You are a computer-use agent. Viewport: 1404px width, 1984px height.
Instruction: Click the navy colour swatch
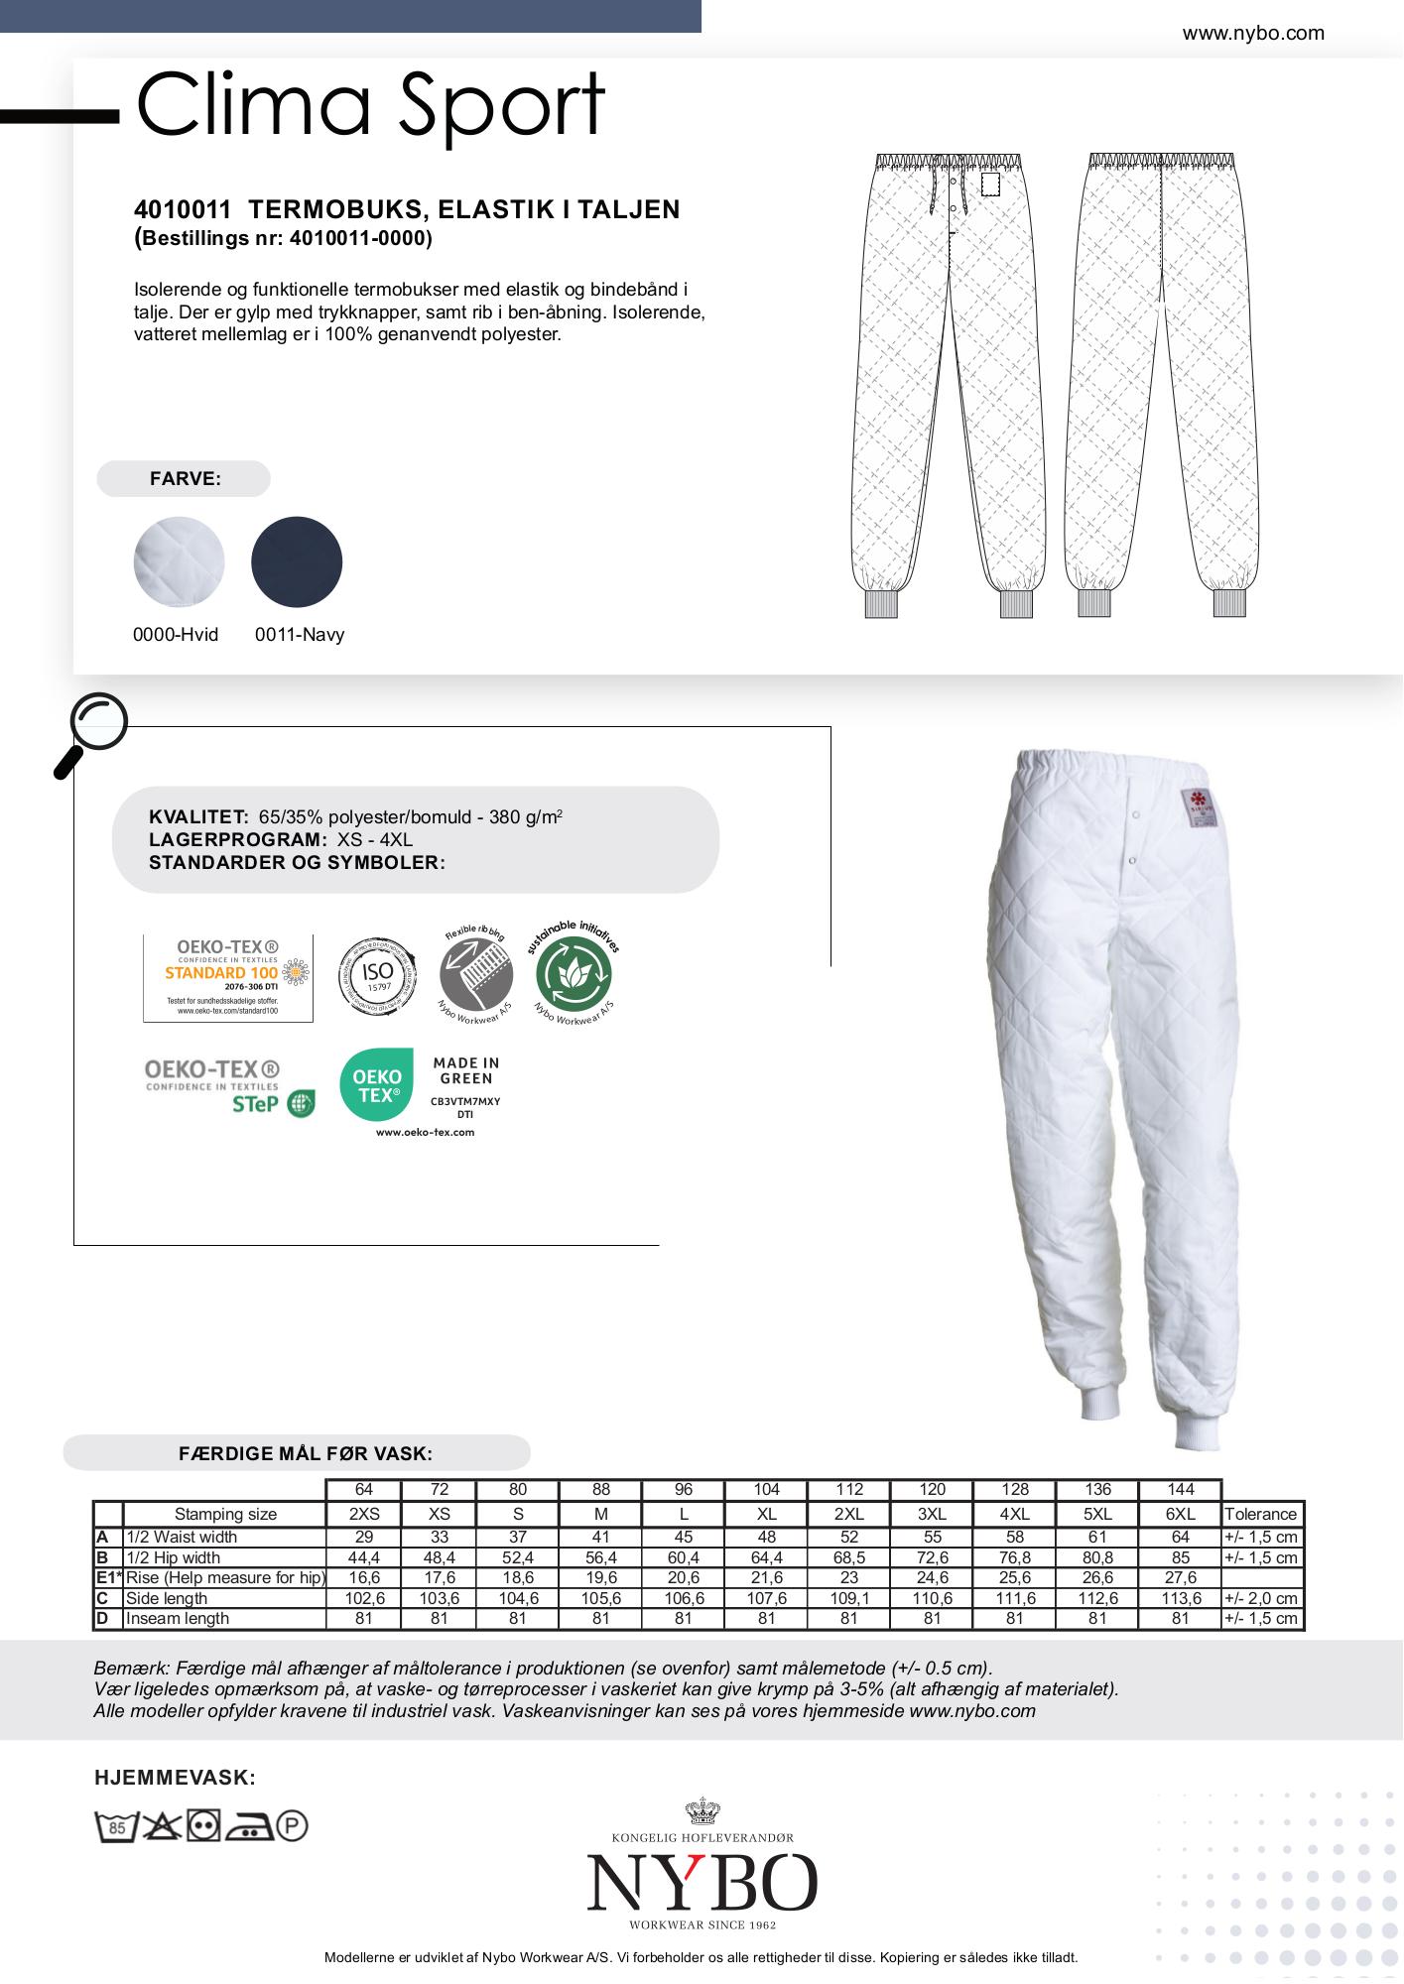[297, 561]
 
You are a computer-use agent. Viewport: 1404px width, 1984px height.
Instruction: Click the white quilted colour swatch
[179, 561]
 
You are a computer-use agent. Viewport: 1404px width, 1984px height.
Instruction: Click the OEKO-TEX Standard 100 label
[228, 977]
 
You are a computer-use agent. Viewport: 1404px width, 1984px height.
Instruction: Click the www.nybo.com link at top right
[1252, 34]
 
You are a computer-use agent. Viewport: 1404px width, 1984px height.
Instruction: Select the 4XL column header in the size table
[1014, 1514]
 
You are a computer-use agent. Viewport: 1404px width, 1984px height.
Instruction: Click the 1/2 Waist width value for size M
[600, 1537]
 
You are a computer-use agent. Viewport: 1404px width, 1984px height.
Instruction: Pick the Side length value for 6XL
[1181, 1598]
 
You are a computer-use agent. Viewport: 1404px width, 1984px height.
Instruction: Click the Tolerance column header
[1260, 1514]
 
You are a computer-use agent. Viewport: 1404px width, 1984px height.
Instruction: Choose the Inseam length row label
[179, 1618]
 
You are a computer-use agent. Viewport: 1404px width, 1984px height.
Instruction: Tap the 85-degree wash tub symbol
[115, 1826]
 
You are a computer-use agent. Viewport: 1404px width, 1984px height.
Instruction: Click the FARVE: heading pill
[184, 479]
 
